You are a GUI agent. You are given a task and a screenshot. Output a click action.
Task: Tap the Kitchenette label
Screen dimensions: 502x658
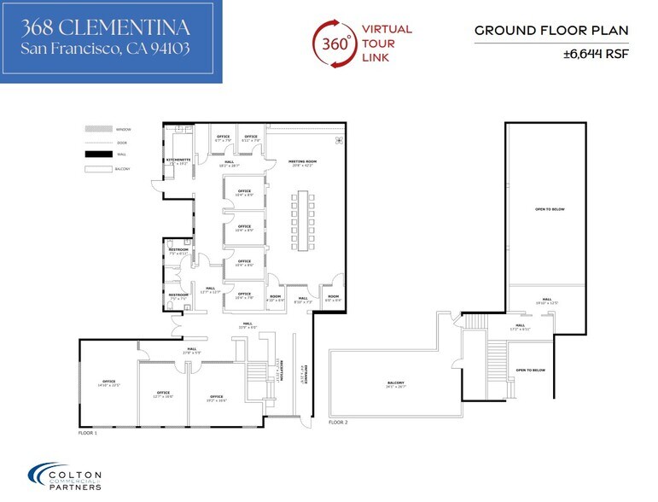click(178, 160)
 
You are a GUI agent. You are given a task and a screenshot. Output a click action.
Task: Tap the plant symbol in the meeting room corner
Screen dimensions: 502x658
click(339, 139)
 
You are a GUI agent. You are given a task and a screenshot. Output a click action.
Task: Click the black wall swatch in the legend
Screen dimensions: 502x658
click(98, 155)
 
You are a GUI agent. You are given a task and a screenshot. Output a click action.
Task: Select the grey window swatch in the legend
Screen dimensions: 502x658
click(98, 129)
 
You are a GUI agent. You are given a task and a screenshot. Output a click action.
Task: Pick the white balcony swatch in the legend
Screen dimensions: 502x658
click(98, 168)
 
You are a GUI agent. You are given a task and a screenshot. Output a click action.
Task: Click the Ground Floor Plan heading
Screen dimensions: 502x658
click(551, 31)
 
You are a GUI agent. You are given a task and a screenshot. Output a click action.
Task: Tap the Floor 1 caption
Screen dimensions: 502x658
click(90, 434)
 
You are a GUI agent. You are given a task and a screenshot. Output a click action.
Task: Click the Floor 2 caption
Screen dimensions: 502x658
click(339, 423)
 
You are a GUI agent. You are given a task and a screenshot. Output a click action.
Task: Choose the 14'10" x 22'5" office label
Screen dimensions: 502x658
click(108, 383)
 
